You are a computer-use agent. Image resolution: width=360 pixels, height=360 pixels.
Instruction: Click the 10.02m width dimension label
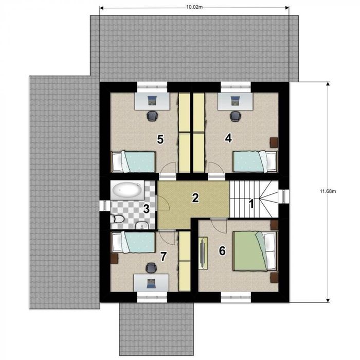pos(194,7)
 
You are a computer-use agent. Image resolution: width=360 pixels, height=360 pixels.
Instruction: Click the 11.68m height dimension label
pos(328,191)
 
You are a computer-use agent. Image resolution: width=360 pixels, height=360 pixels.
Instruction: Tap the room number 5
pos(160,139)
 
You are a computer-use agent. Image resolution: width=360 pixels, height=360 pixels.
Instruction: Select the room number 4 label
pos(228,138)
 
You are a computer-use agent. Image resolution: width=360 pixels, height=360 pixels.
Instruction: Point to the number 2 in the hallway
pos(195,198)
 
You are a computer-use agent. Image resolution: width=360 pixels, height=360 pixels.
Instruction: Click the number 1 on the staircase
pos(251,204)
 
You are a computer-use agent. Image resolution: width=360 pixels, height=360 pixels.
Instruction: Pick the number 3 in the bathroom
pos(146,209)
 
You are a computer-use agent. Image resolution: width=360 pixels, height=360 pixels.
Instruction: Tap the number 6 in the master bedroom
pos(222,251)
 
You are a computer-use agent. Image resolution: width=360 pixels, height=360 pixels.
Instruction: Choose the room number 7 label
pos(163,257)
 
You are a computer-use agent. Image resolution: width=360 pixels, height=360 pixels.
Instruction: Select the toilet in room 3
pos(117,219)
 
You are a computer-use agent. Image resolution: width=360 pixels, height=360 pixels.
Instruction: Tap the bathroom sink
pos(142,226)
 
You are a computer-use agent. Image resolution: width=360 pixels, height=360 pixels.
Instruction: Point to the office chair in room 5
pos(152,116)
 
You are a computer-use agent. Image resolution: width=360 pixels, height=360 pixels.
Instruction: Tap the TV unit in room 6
pos(203,253)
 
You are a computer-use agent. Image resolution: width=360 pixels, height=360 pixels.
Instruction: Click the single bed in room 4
pos(255,161)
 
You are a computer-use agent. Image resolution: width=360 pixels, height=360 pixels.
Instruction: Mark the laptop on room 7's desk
pos(151,283)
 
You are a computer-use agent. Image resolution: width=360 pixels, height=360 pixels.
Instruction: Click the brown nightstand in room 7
pos(114,259)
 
